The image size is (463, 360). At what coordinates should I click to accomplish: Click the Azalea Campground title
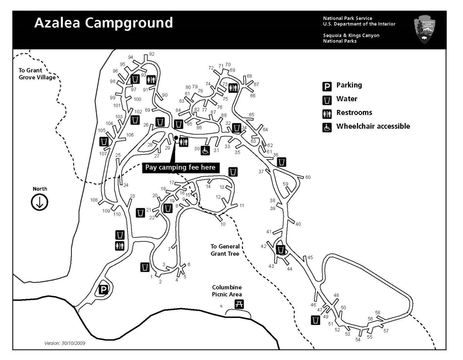pos(103,23)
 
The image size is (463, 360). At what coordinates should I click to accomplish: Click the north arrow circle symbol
pos(39,202)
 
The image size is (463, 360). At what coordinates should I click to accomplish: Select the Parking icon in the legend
pos(327,86)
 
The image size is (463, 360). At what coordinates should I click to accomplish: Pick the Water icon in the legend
pos(327,100)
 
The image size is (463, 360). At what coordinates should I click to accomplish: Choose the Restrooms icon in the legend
pos(327,113)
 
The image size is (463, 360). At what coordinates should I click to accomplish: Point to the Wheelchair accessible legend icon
pos(327,127)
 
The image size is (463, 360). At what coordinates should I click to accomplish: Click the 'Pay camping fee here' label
pos(181,167)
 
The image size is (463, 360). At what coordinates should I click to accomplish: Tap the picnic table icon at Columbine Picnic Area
pos(239,304)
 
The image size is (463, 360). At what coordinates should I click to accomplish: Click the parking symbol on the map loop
pos(103,289)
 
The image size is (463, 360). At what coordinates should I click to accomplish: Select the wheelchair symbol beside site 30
pos(205,150)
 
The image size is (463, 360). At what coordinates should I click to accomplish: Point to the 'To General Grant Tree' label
pos(225,250)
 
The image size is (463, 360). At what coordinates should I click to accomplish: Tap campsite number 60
pos(308,177)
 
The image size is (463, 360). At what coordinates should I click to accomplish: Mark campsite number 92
pos(152,54)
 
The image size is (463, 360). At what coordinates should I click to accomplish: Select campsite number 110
pos(117,214)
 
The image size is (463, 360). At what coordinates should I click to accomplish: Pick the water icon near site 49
pos(316,320)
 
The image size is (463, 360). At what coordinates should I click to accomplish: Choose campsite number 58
pos(377,313)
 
